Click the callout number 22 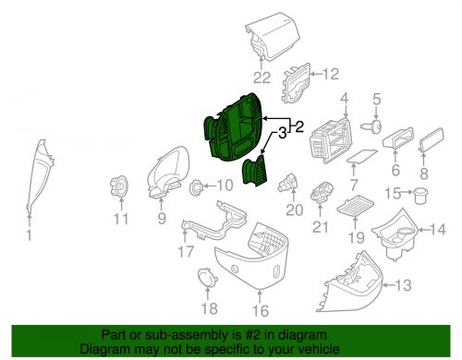[261, 78]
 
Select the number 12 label [331, 74]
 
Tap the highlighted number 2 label [299, 126]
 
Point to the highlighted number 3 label [283, 134]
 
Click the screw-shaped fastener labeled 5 [371, 126]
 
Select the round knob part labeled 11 [119, 186]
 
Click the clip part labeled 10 [196, 187]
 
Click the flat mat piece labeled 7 [361, 155]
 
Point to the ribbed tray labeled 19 [356, 205]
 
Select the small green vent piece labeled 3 [255, 170]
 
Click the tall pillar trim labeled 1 [39, 175]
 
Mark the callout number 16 [261, 310]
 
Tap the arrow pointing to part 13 [389, 285]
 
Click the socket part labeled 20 [288, 182]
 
